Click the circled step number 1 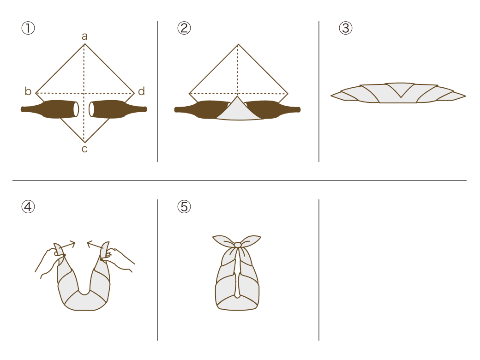point(28,28)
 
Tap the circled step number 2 point(184,28)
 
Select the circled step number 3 point(346,28)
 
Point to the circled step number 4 point(28,207)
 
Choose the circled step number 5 point(184,207)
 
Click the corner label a point(84,36)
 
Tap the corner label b point(28,91)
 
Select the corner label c point(84,149)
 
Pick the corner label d point(141,91)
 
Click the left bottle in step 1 point(49,109)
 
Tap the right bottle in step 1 point(118,109)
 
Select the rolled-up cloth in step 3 point(398,93)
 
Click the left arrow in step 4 point(67,245)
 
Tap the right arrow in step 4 point(95,245)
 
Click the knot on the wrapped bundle point(238,245)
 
